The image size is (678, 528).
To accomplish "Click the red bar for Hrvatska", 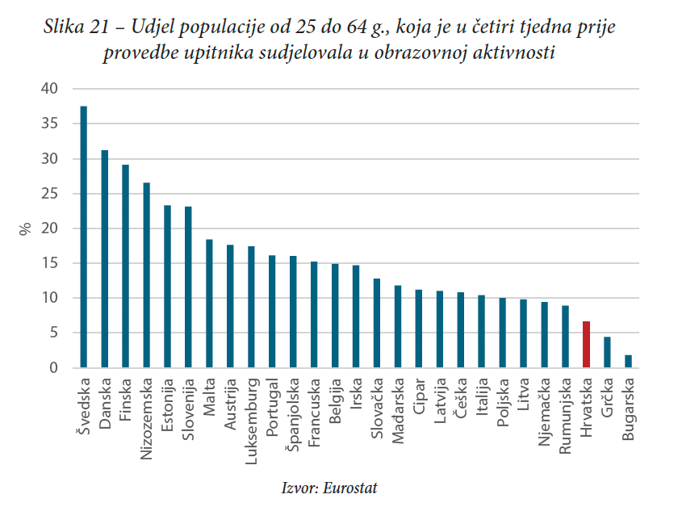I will (x=586, y=345).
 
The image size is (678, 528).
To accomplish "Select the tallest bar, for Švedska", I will (x=84, y=237).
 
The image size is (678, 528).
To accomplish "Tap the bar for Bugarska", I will (x=628, y=362).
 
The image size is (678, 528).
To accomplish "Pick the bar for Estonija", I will (x=167, y=287).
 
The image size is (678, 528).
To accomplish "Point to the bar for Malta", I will (x=209, y=304).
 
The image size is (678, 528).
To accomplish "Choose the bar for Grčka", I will (x=607, y=353).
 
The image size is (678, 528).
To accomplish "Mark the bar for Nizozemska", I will (x=146, y=275).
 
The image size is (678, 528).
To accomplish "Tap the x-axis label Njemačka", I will (x=544, y=411).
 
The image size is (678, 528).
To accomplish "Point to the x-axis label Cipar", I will (x=419, y=395).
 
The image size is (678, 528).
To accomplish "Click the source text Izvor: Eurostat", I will (x=329, y=488).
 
